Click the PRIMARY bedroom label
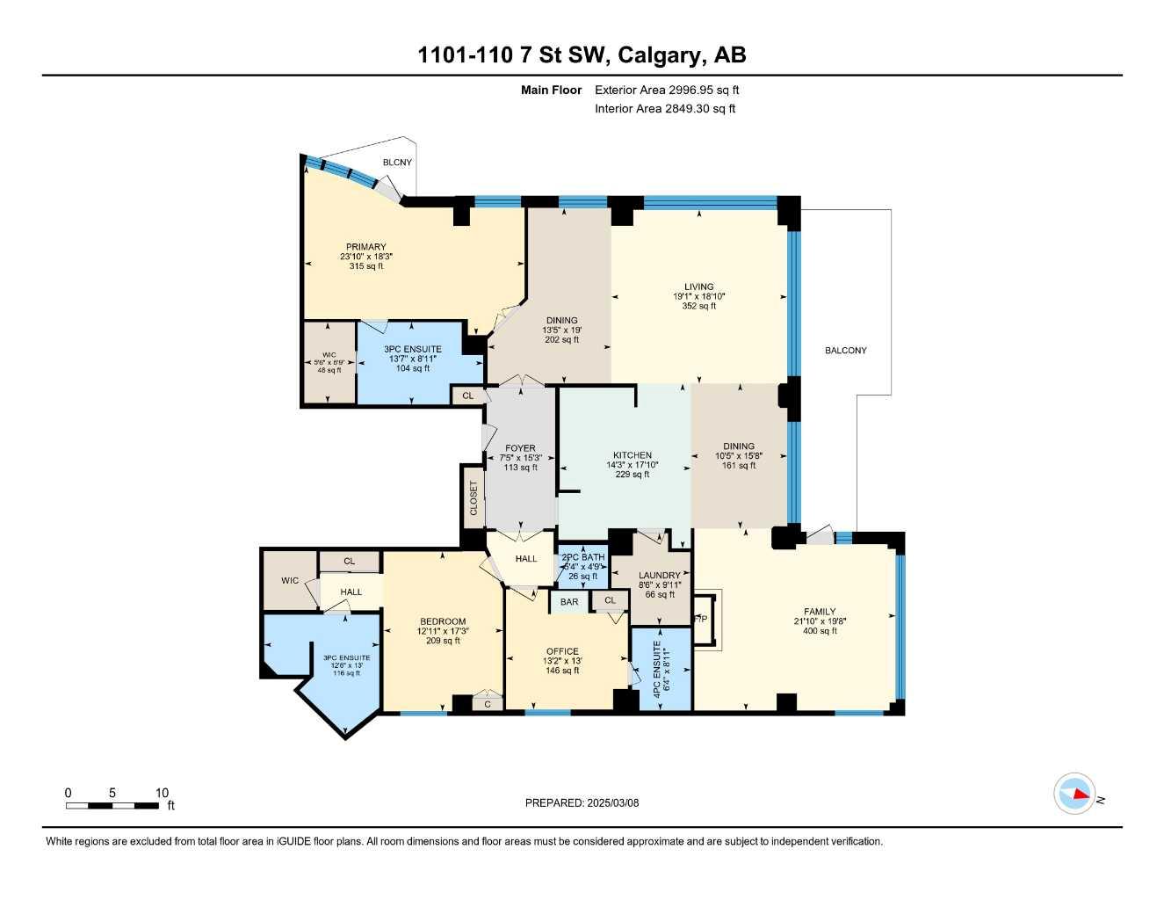pyautogui.click(x=365, y=247)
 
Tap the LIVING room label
pyautogui.click(x=699, y=287)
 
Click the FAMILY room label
pyautogui.click(x=820, y=612)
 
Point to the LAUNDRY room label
pyautogui.click(x=659, y=576)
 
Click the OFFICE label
pyautogui.click(x=562, y=651)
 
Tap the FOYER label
pyautogui.click(x=520, y=448)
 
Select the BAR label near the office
pyautogui.click(x=569, y=602)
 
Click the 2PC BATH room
pyautogui.click(x=583, y=566)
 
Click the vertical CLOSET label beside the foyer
pyautogui.click(x=474, y=498)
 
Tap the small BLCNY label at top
pyautogui.click(x=397, y=163)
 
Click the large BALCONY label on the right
pyautogui.click(x=845, y=351)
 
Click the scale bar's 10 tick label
pyautogui.click(x=162, y=793)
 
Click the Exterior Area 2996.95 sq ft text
pyautogui.click(x=667, y=90)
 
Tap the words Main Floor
pyautogui.click(x=551, y=90)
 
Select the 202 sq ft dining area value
pyautogui.click(x=562, y=340)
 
